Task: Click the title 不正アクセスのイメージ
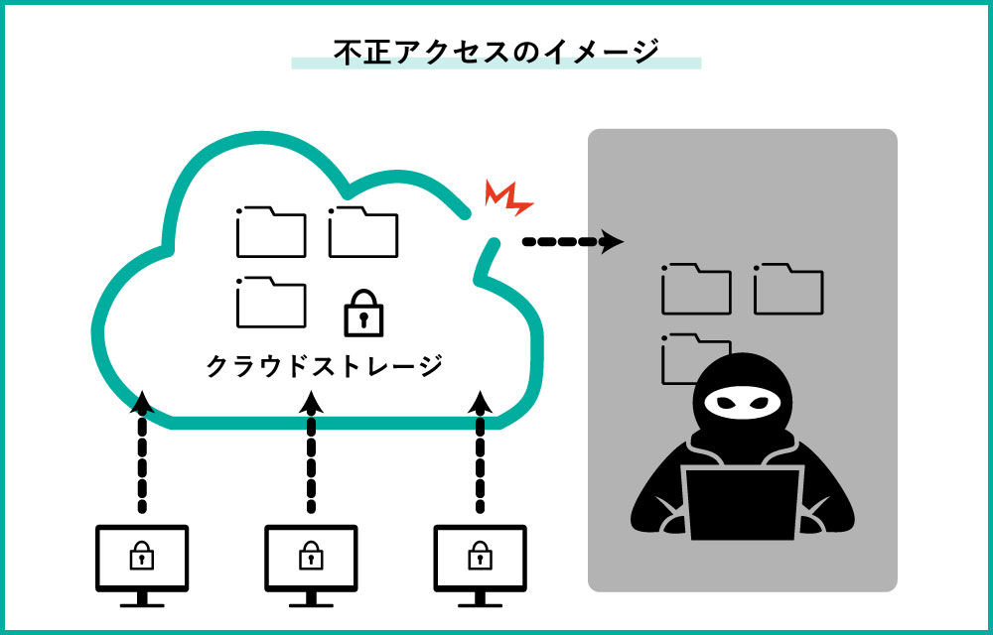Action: (496, 51)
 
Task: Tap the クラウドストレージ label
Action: (324, 366)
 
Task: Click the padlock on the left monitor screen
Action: (142, 556)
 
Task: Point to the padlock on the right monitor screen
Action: (481, 556)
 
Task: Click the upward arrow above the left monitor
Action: (142, 451)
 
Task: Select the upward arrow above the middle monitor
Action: (311, 451)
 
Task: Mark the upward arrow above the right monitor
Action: (481, 451)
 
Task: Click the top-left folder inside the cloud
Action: (270, 232)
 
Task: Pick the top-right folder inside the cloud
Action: (362, 232)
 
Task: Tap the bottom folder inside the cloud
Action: (270, 302)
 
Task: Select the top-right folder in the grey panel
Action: (787, 289)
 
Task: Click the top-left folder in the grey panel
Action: (696, 289)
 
